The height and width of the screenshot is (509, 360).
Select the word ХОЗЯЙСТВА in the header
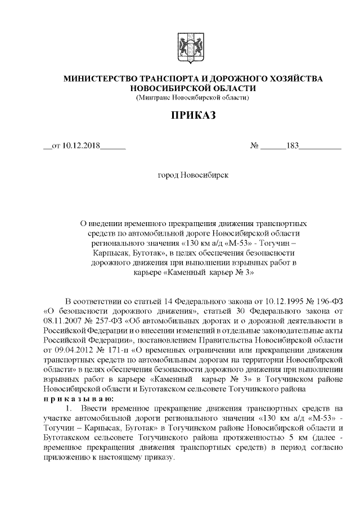296,79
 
